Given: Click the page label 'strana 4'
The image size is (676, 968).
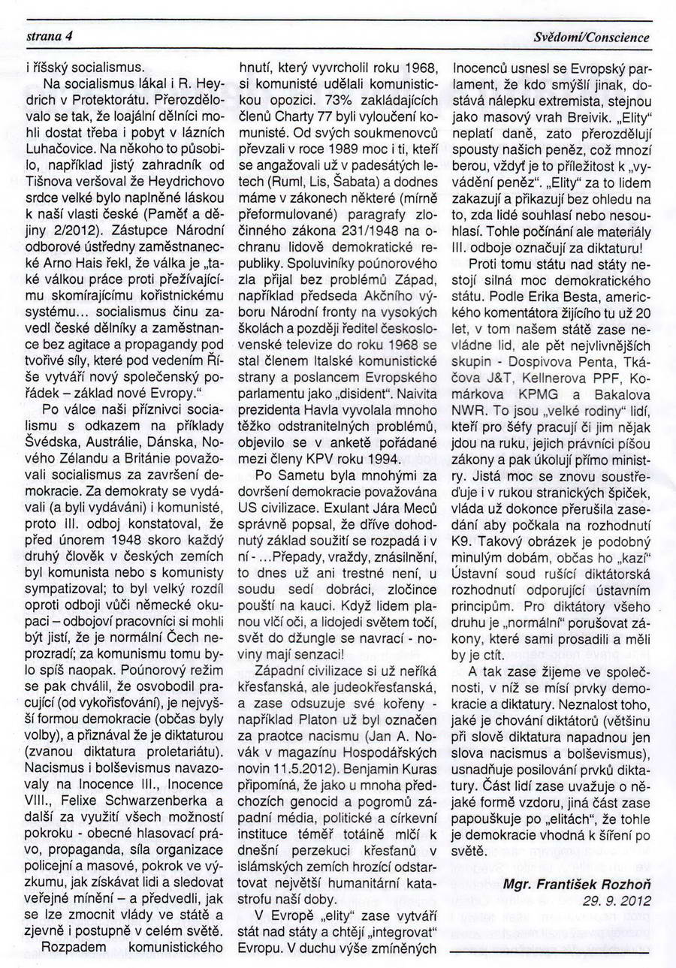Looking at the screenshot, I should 49,36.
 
